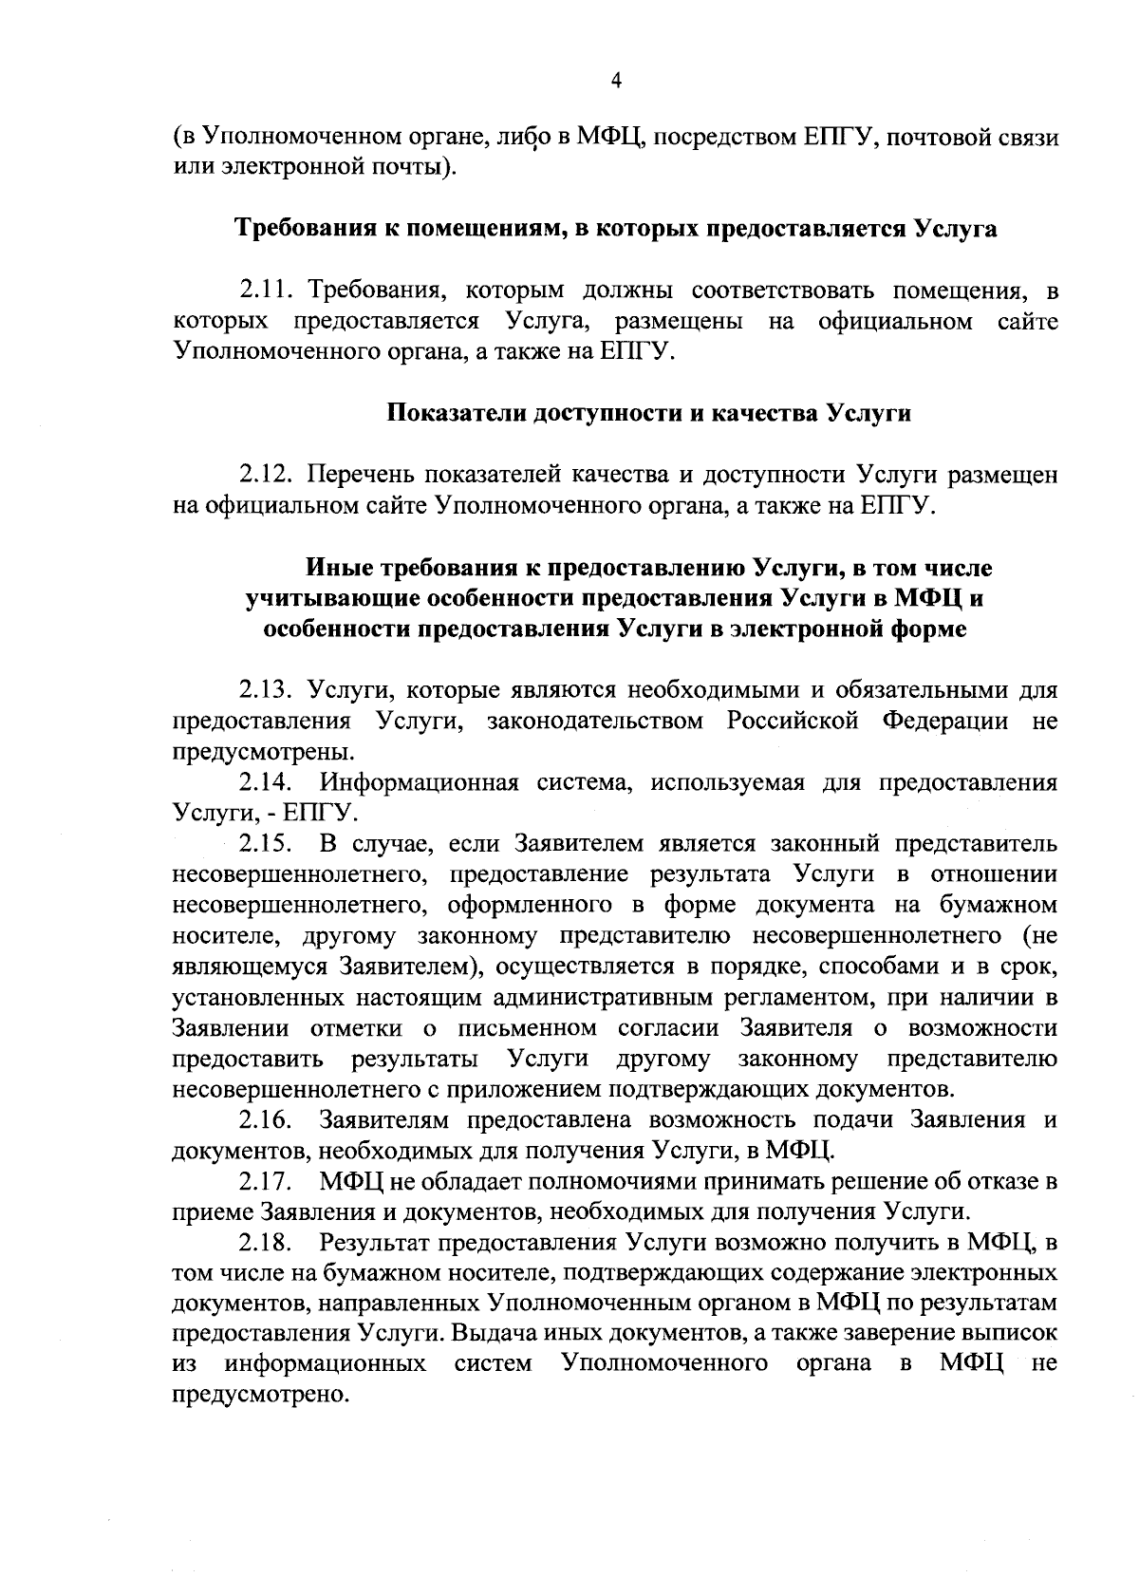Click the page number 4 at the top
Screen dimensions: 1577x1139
click(615, 82)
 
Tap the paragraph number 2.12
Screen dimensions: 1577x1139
click(269, 474)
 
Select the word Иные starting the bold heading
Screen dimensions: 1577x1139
click(338, 569)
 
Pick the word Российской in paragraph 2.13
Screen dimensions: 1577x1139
click(792, 721)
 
